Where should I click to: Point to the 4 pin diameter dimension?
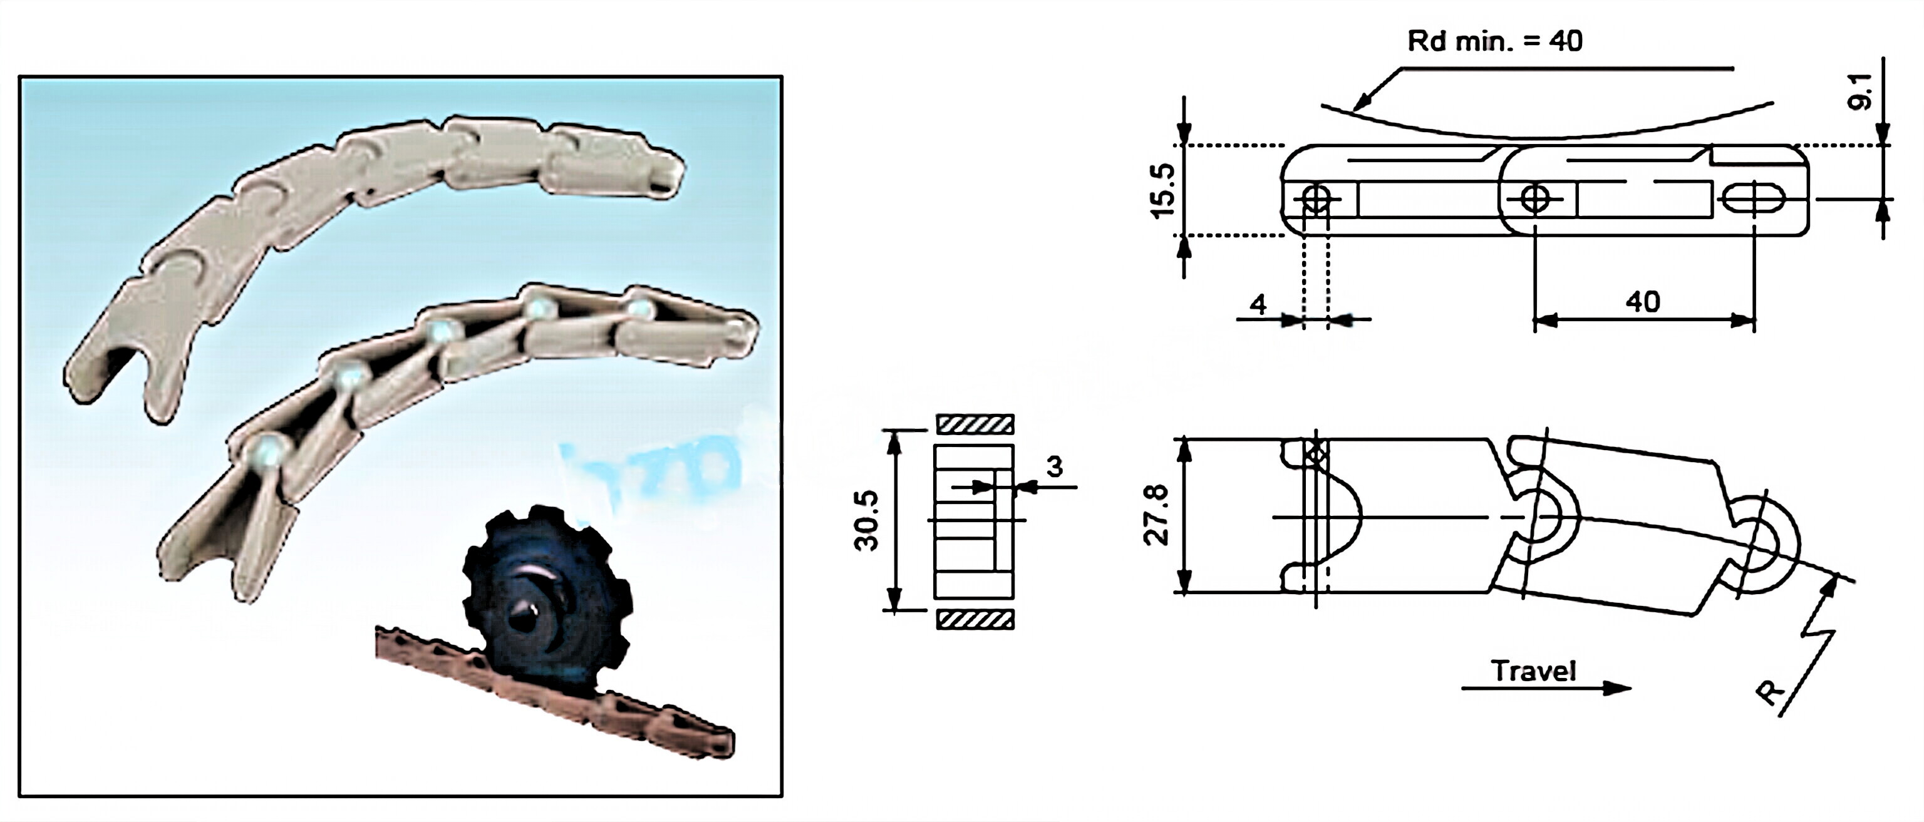pos(1258,305)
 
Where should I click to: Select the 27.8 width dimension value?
pos(1157,515)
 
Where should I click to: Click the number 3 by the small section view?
pos(1054,466)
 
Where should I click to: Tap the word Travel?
pos(1533,670)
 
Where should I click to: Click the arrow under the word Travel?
pos(1546,687)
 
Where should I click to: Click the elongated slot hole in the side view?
pos(1753,198)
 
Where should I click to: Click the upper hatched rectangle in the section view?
pos(975,424)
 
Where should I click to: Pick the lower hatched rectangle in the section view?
pos(975,620)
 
